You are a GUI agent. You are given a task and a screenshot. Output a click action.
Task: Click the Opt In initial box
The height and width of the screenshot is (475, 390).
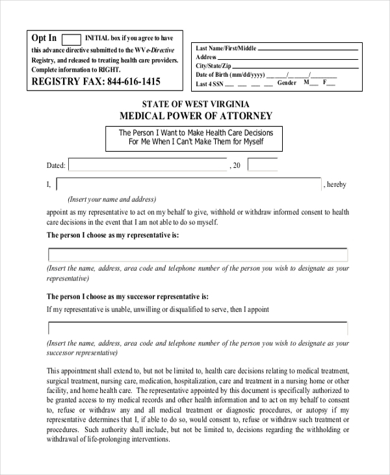(71, 39)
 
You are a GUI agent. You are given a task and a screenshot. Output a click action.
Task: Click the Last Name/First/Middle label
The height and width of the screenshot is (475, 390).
(227, 49)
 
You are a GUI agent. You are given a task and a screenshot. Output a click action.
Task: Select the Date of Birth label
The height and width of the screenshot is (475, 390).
(230, 75)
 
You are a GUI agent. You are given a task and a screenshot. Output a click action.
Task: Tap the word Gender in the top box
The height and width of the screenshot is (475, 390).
(287, 83)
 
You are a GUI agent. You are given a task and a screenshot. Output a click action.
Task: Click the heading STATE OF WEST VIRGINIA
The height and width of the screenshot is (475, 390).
(195, 104)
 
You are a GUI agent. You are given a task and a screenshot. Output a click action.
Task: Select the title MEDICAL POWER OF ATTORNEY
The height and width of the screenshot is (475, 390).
(196, 116)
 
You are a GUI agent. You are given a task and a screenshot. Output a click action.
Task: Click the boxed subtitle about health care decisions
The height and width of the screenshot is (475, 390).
(196, 137)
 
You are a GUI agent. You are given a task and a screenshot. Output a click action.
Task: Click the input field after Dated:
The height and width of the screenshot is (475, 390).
(148, 165)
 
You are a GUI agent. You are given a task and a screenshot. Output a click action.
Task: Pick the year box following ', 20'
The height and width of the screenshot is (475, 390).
(262, 165)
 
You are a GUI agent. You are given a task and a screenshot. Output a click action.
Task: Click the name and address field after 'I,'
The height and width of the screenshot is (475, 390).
(188, 185)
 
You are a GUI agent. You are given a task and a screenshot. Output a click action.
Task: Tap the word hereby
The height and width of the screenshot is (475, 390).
(337, 185)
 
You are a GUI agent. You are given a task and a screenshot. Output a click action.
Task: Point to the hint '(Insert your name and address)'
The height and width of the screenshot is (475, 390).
(112, 200)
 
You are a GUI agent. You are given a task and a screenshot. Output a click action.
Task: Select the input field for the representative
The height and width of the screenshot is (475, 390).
(198, 254)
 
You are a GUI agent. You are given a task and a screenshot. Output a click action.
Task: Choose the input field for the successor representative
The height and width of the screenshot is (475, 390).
(198, 328)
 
